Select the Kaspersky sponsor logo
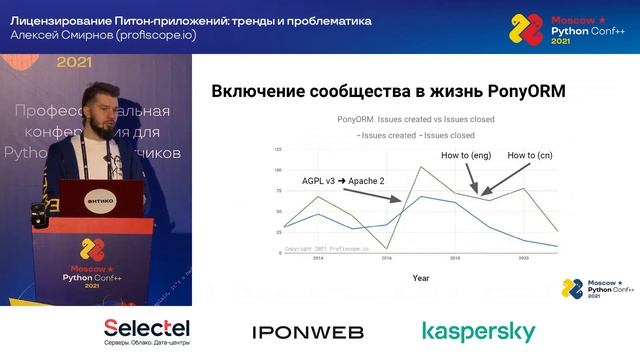click(x=478, y=332)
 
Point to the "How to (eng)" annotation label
click(x=467, y=156)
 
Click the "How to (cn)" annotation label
click(x=531, y=156)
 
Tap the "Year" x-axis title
click(x=421, y=278)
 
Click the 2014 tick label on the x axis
click(x=318, y=258)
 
